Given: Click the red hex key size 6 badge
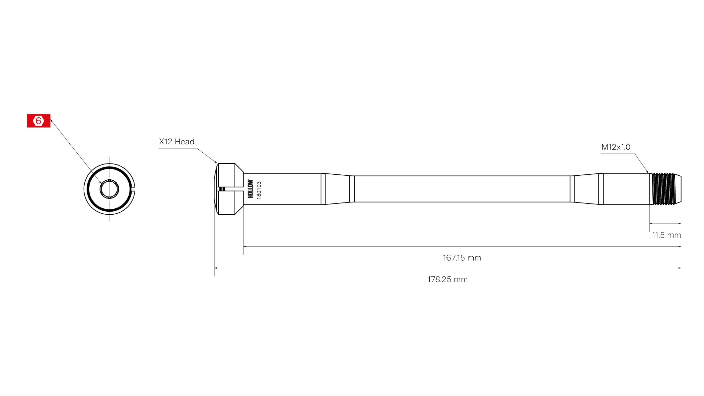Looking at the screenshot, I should click(x=38, y=121).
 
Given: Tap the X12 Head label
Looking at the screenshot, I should click(x=176, y=142).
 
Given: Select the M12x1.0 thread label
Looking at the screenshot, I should click(x=615, y=147).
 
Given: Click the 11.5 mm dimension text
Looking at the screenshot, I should click(x=666, y=235).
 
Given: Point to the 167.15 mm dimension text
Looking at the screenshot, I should click(x=462, y=258).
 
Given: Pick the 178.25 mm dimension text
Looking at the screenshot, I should click(x=447, y=279).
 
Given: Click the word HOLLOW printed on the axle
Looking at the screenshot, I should click(x=250, y=189).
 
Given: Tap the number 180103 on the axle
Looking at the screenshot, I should click(x=259, y=190).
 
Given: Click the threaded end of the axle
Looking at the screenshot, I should click(x=663, y=189).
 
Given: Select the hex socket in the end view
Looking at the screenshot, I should click(x=109, y=189).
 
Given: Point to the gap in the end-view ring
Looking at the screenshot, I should click(x=133, y=189).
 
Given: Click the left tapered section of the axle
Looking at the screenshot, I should click(x=337, y=189).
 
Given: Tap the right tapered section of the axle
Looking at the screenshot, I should click(x=586, y=189).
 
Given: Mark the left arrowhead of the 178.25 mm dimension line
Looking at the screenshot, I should click(x=215, y=268).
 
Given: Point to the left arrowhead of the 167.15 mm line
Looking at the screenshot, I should click(x=245, y=246).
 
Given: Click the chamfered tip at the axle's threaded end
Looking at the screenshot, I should click(x=678, y=189).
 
